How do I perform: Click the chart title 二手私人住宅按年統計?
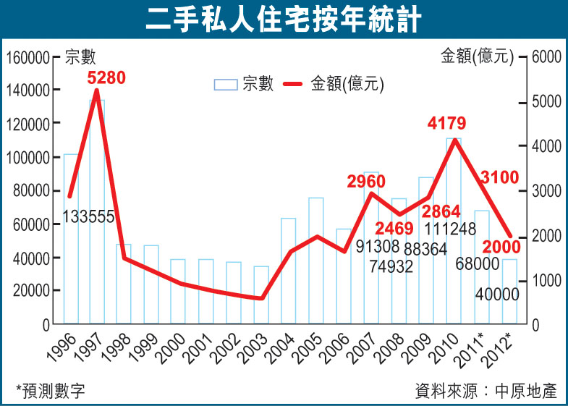[283, 20]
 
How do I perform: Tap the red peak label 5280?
[106, 77]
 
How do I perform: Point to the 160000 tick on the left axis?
[28, 57]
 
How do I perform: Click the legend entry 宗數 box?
[226, 85]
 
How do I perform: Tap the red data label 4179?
[446, 123]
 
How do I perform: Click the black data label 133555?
[88, 216]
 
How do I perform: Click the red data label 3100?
[499, 175]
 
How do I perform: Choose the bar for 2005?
[315, 261]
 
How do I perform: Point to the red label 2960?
[365, 181]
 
